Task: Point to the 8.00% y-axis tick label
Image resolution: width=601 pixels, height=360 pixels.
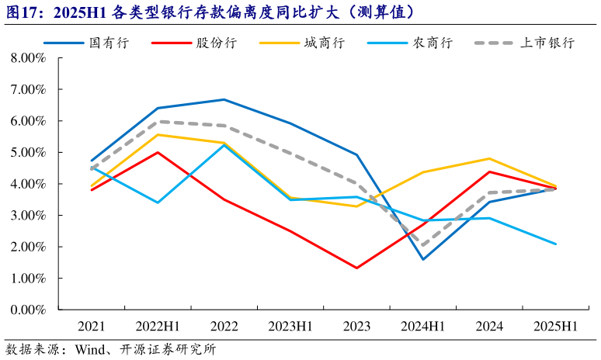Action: click(29, 58)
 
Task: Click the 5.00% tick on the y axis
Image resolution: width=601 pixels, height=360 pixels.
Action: click(29, 153)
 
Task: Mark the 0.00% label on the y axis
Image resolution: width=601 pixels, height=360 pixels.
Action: click(29, 310)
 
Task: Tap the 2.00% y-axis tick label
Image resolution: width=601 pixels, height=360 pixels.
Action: click(29, 247)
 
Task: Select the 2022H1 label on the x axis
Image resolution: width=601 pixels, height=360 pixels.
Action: click(158, 327)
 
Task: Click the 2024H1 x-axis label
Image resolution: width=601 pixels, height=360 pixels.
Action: click(422, 327)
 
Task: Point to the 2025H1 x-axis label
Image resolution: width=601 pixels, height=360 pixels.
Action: click(555, 327)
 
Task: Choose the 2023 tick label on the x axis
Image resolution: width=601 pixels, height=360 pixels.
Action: click(356, 327)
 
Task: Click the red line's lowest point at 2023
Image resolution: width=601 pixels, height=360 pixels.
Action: click(356, 268)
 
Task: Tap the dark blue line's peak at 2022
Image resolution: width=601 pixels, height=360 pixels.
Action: click(224, 99)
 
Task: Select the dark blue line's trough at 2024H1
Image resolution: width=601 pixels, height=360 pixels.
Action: click(423, 259)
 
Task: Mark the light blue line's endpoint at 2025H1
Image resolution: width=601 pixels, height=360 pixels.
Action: click(555, 244)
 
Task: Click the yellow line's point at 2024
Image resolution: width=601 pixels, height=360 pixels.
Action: click(489, 158)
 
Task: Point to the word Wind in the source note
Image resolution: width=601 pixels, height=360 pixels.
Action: click(88, 349)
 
